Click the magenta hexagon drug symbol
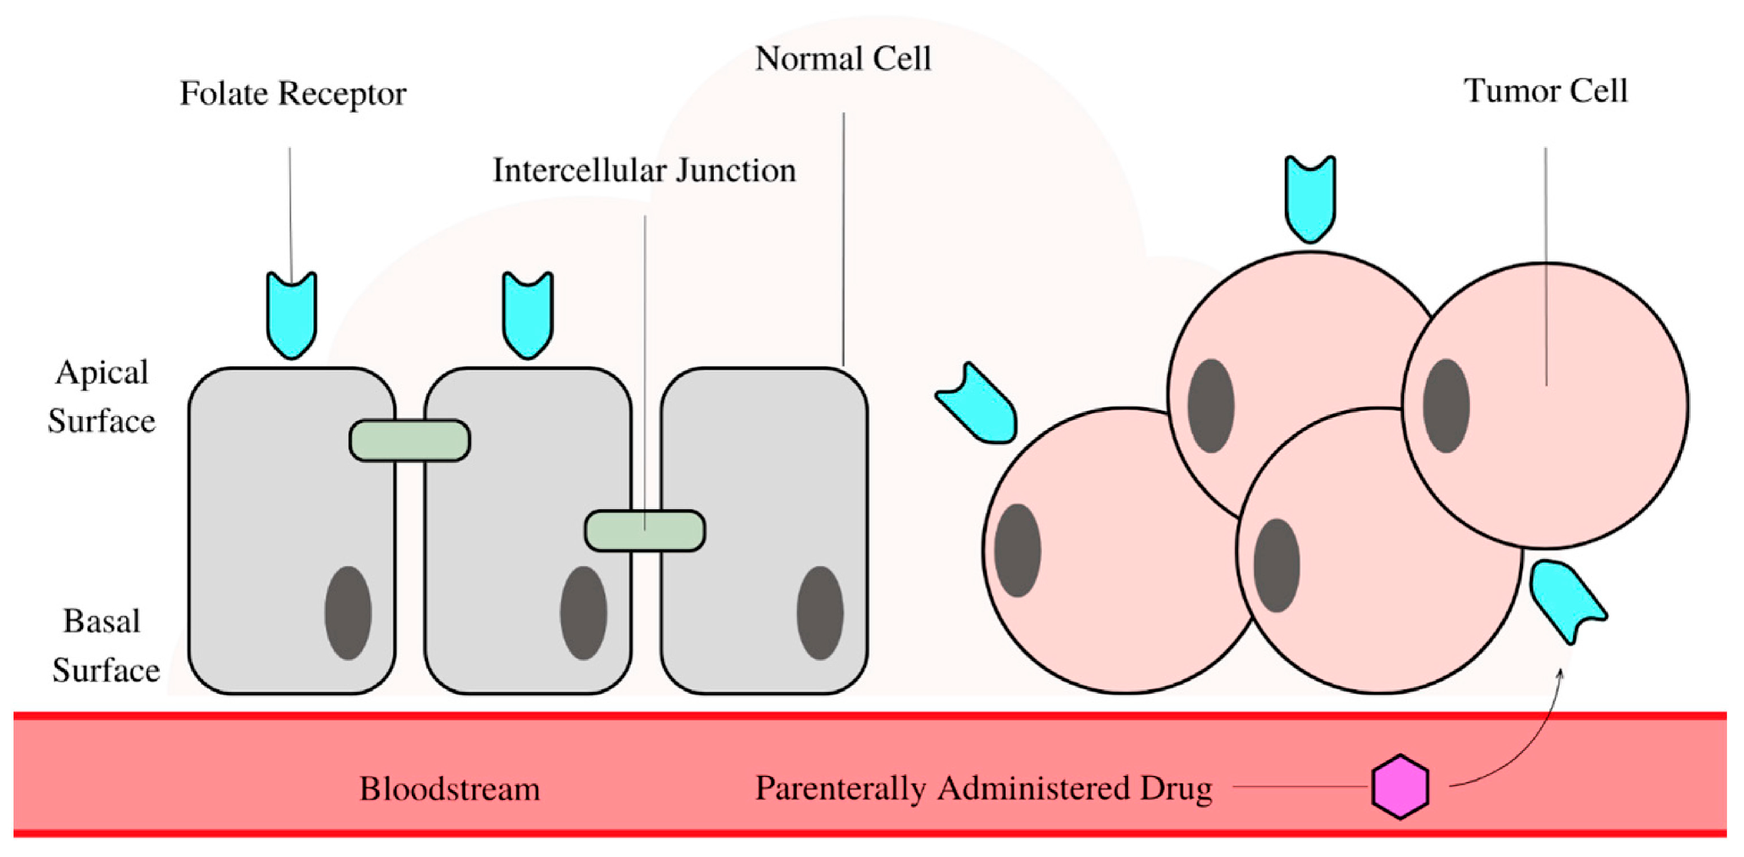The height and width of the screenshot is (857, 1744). pyautogui.click(x=1400, y=787)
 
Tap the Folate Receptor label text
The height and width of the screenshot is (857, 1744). pyautogui.click(x=293, y=93)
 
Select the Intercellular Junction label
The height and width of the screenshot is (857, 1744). pyautogui.click(x=644, y=170)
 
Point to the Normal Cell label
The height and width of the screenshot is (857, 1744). pyautogui.click(x=842, y=58)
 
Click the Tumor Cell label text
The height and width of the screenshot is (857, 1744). pyautogui.click(x=1545, y=91)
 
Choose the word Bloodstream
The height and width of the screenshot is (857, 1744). pyautogui.click(x=449, y=788)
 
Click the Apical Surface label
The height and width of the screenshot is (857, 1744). pyautogui.click(x=101, y=396)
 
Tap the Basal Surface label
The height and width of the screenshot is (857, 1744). pyautogui.click(x=103, y=645)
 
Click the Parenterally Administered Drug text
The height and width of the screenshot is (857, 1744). pyautogui.click(x=983, y=788)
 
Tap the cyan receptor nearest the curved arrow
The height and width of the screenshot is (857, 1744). pyautogui.click(x=1566, y=597)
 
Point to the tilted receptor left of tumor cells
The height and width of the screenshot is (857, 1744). pyautogui.click(x=979, y=405)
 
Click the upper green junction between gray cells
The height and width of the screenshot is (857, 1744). pyautogui.click(x=409, y=440)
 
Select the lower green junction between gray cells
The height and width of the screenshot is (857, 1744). pyautogui.click(x=644, y=530)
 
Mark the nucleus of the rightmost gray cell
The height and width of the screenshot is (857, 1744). pyautogui.click(x=820, y=613)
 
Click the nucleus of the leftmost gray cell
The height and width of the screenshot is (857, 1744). pyautogui.click(x=348, y=613)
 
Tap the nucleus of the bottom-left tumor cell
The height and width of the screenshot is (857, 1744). pyautogui.click(x=1017, y=550)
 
